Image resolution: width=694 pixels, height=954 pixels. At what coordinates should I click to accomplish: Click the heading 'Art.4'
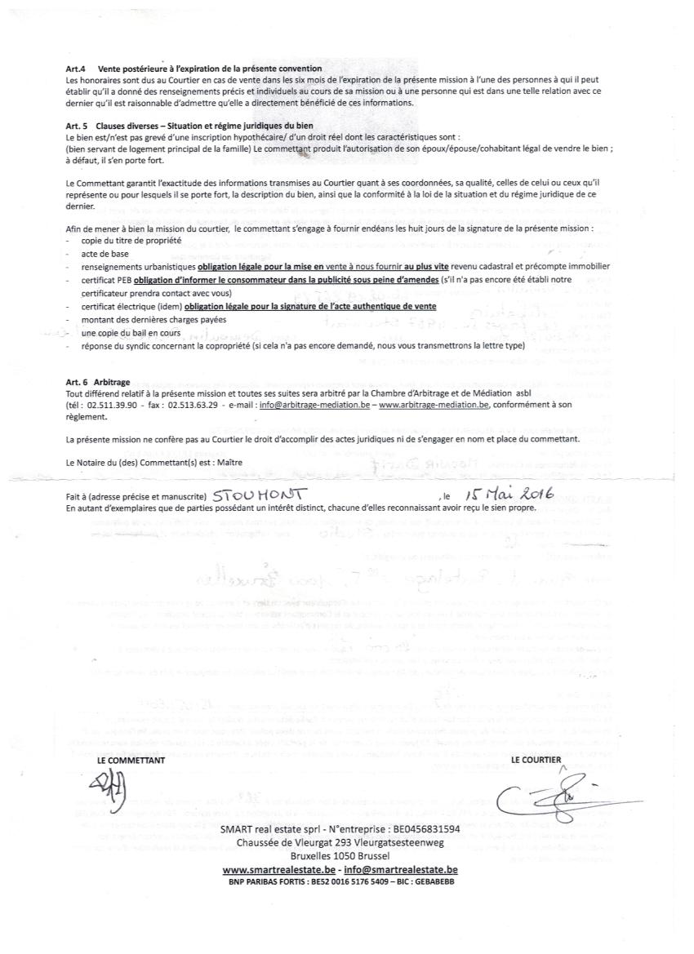tap(77, 70)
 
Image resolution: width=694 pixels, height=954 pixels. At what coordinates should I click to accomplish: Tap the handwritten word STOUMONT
tap(257, 495)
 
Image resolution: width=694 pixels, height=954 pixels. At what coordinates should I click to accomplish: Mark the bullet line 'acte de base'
tap(100, 254)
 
